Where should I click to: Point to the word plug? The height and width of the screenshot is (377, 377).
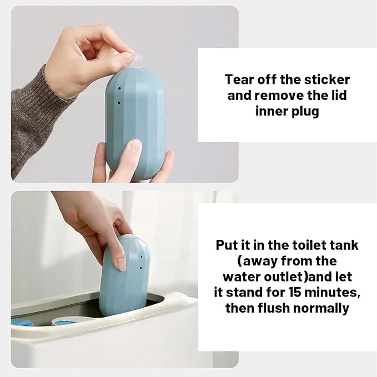pos(304,111)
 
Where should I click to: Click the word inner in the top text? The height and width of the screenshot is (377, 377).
pos(272,111)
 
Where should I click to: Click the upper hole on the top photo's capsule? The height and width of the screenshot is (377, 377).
pos(120,89)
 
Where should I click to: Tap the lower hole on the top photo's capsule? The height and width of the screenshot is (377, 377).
pos(119,103)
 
